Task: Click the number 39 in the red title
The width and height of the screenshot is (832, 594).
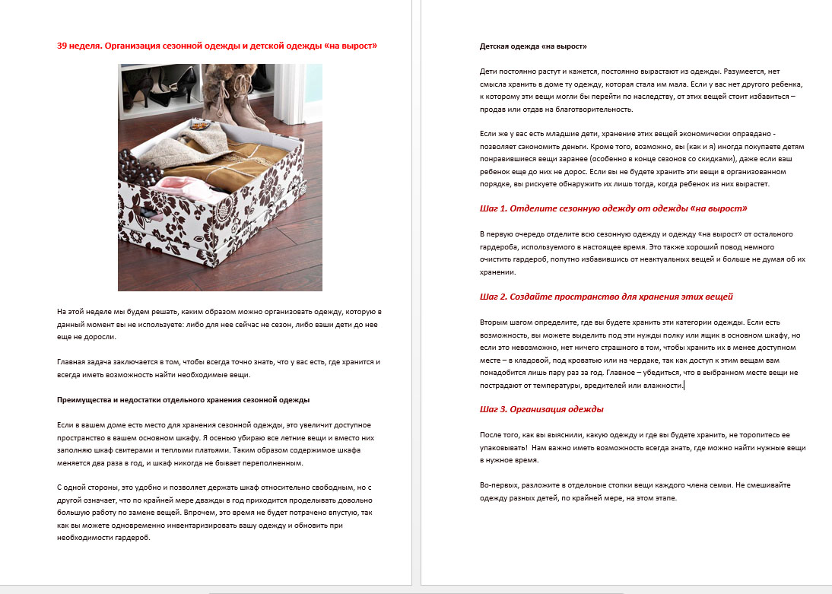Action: (62, 46)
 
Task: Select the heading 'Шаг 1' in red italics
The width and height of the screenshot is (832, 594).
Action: (613, 208)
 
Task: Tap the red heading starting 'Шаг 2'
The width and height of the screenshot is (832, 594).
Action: (606, 297)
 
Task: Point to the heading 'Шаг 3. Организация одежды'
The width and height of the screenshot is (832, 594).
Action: (541, 409)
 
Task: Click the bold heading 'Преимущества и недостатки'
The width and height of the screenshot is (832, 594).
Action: (183, 400)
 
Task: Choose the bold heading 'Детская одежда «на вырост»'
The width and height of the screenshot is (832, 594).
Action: (533, 46)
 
